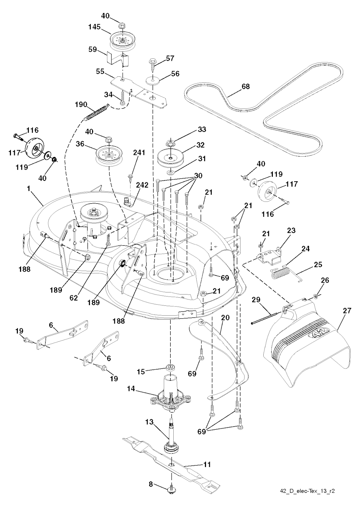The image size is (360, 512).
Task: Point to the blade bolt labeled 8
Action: pyautogui.click(x=172, y=488)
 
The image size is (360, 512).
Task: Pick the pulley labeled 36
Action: pyautogui.click(x=109, y=155)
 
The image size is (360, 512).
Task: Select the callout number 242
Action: pyautogui.click(x=143, y=185)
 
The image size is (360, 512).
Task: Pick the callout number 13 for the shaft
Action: pyautogui.click(x=149, y=422)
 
